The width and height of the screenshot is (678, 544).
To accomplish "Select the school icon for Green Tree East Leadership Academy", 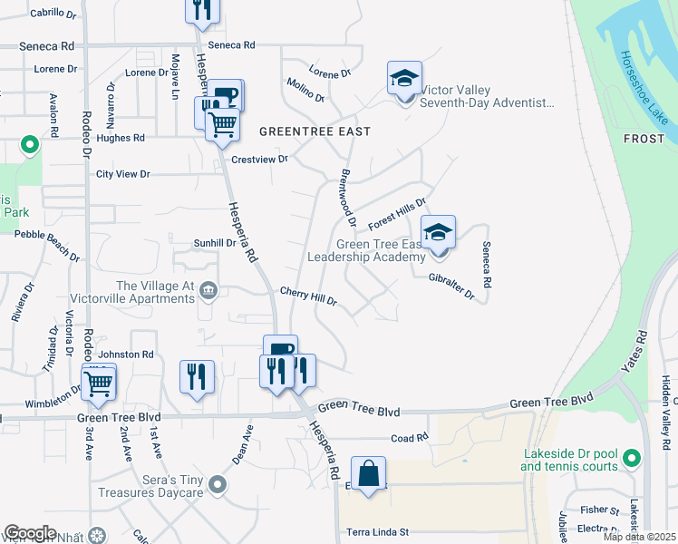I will tap(438, 233).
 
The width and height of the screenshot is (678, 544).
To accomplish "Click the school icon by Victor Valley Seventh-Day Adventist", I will tap(404, 79).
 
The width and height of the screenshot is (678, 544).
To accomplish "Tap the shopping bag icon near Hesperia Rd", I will tap(369, 475).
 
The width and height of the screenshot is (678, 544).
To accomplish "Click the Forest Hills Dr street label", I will tap(397, 214).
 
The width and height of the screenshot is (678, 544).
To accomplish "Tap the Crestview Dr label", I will tap(259, 159).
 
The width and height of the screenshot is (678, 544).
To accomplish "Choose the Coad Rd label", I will tap(409, 438).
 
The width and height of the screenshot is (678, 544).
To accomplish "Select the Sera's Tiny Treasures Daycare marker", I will tap(216, 486).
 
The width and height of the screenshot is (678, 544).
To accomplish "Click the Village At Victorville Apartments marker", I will tap(209, 290).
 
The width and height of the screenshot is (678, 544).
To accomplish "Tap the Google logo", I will tap(30, 533).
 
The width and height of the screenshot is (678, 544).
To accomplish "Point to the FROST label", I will tap(644, 138).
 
